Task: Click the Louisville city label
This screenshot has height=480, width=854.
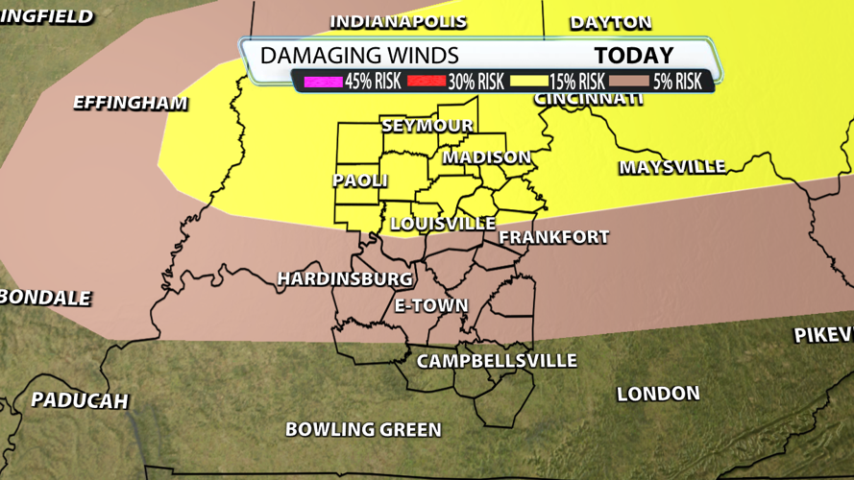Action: tap(443, 224)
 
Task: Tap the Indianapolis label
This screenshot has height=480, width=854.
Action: tap(398, 21)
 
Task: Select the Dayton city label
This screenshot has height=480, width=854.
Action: tap(610, 22)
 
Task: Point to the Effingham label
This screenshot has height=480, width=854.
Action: tap(130, 103)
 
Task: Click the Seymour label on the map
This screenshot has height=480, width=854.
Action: tap(427, 126)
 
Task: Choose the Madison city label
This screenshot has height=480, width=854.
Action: tap(486, 157)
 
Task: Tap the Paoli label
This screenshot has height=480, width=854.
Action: tap(360, 180)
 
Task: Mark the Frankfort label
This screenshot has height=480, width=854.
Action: tap(554, 237)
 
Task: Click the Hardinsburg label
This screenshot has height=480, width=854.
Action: tap(345, 279)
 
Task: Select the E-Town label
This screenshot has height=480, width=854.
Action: tap(431, 306)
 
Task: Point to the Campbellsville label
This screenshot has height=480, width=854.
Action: tap(496, 361)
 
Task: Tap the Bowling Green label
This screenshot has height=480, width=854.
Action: tap(363, 429)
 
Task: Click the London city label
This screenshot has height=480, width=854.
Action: tap(658, 394)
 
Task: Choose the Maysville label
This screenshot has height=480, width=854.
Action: tap(671, 167)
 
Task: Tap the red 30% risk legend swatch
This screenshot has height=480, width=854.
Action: tap(422, 82)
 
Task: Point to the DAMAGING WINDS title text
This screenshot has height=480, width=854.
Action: tap(359, 56)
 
